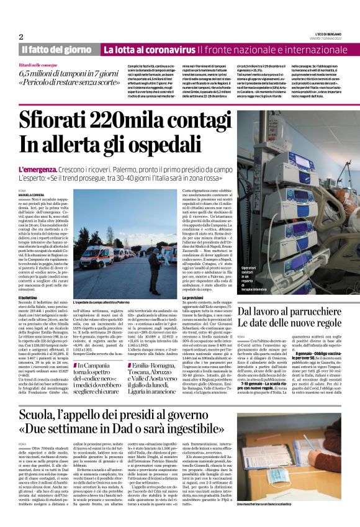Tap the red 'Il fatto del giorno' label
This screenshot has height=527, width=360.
tap(56, 49)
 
